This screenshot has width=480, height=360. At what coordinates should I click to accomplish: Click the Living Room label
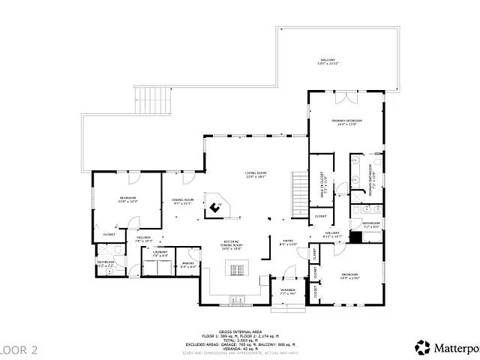pyautogui.click(x=256, y=174)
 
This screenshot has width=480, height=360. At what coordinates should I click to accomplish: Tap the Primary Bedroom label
pyautogui.click(x=347, y=121)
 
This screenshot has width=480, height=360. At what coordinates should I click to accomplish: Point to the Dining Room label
pyautogui.click(x=184, y=201)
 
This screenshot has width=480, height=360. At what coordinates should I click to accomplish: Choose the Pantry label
pyautogui.click(x=187, y=264)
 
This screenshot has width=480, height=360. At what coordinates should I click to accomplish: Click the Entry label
pyautogui.click(x=288, y=241)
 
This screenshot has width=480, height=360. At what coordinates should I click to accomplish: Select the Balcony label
pyautogui.click(x=328, y=60)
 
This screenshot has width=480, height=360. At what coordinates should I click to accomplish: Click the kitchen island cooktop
pyautogui.click(x=237, y=271)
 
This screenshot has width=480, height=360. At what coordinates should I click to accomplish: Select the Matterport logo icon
pyautogui.click(x=423, y=346)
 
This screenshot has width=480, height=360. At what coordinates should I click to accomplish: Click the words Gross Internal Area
pyautogui.click(x=239, y=330)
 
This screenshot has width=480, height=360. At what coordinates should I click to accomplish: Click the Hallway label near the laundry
pyautogui.click(x=144, y=238)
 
